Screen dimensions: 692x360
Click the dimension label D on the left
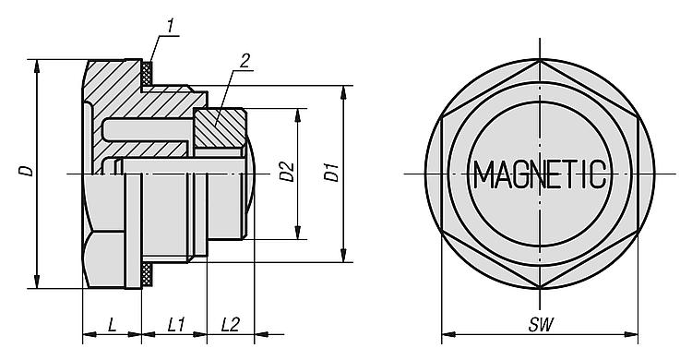tap(27, 171)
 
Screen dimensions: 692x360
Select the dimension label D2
tap(287, 172)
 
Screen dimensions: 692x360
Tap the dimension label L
tap(112, 326)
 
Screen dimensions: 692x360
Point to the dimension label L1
tap(176, 326)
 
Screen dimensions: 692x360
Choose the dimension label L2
tap(230, 326)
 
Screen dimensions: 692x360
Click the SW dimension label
tap(541, 326)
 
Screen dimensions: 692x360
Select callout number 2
tap(245, 61)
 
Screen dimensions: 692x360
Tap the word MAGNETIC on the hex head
tap(540, 174)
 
